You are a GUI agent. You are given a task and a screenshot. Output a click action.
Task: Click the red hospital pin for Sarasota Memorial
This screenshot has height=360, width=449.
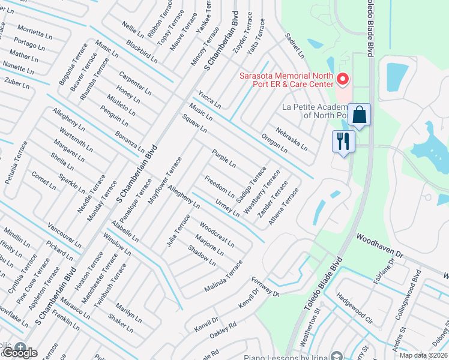[343, 79]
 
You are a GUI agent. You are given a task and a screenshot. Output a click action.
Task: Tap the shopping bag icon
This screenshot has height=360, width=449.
[359, 115]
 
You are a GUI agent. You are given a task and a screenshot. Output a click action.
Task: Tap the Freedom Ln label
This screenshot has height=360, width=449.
[219, 184]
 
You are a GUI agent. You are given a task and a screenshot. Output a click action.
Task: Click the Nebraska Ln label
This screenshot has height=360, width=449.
[291, 139]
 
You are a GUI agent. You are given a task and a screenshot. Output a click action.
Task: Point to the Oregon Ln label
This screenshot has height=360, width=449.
[274, 142]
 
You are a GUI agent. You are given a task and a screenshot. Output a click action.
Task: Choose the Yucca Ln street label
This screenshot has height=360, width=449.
[209, 100]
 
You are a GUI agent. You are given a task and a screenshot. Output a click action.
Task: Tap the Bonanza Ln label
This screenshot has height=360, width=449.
[130, 140]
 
